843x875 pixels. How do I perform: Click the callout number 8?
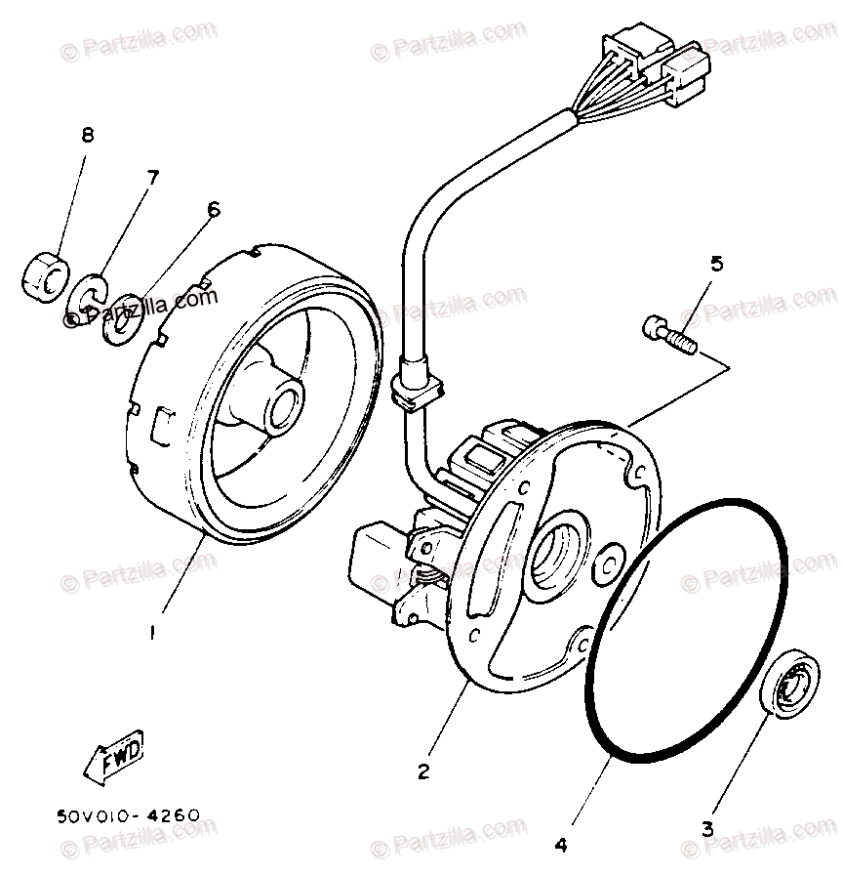point(87,136)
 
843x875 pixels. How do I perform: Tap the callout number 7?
point(151,178)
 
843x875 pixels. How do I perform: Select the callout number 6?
point(213,209)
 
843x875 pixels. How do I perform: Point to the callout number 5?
point(717,263)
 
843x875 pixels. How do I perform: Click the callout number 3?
point(707,829)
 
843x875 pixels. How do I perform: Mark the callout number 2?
point(423,771)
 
